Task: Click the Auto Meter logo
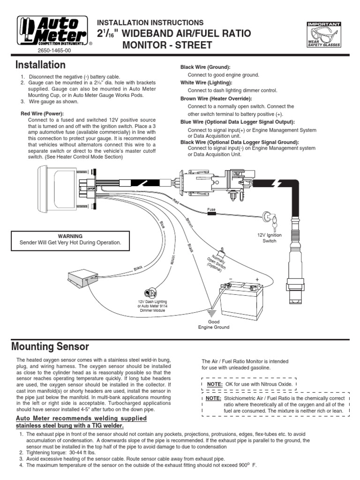coord(52,30)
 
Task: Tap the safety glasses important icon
coord(323,35)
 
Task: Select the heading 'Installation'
coord(40,65)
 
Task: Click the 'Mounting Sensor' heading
coord(50,347)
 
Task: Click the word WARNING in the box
coord(70,236)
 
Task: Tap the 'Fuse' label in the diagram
coord(211,210)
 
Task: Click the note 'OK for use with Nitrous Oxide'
coord(249,384)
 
